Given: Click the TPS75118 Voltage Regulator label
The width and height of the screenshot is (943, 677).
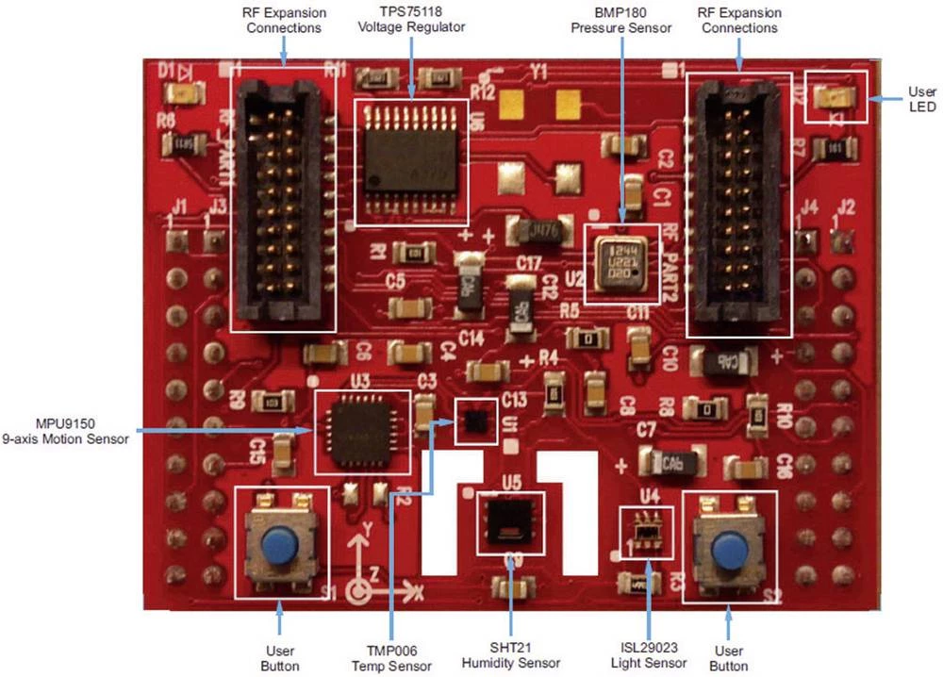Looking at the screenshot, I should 411,20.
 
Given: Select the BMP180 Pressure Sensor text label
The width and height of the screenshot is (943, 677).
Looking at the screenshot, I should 621,20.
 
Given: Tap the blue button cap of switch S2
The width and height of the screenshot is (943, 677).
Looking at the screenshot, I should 727,550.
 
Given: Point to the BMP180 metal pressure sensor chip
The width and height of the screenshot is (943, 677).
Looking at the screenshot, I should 620,262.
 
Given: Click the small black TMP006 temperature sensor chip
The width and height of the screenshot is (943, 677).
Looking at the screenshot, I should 474,421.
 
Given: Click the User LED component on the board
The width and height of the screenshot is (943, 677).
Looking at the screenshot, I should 835,95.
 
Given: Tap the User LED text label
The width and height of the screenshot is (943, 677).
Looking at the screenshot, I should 921,99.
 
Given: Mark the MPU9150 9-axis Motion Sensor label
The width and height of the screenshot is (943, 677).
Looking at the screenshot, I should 65,432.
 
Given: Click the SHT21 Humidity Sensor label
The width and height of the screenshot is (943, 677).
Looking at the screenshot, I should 510,656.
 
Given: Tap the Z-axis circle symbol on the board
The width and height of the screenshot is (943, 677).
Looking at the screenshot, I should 359,591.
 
